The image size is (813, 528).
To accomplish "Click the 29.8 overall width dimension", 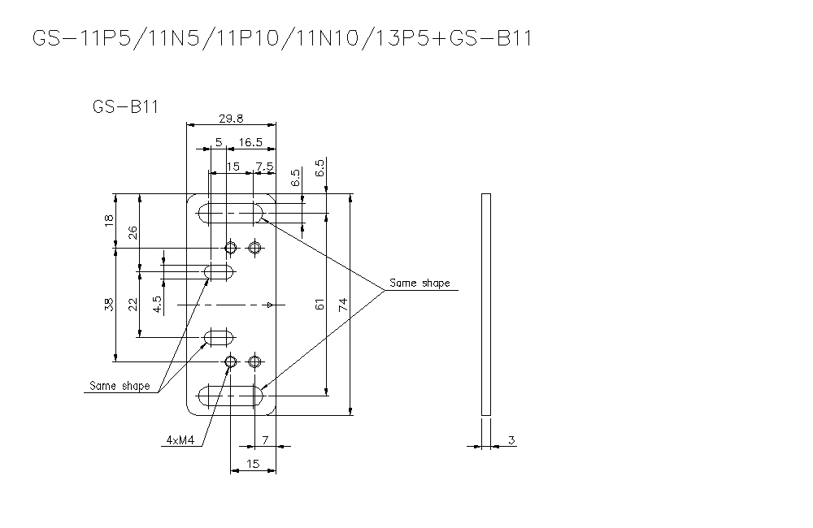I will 231,119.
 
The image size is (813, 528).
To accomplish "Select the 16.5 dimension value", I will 250,143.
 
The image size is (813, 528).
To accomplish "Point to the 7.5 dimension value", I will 264,167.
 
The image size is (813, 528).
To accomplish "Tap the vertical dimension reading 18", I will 110,221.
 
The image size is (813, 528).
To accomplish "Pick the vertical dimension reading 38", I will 110,306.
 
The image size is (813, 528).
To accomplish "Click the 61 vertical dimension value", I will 320,305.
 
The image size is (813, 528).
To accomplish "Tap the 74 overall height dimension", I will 343,305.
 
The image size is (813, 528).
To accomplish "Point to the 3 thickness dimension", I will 511,440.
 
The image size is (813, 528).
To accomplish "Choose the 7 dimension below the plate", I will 265,440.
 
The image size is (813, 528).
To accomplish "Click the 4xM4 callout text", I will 179,440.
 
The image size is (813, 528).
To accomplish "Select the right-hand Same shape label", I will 419,283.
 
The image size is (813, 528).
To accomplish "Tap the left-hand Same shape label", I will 118,386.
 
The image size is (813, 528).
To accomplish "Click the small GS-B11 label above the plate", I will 125,106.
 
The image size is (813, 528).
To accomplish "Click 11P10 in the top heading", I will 249,38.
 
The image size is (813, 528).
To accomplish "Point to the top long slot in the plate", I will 232,214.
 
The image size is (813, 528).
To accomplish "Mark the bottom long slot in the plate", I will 232,396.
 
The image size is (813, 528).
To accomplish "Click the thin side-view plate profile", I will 486,305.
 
